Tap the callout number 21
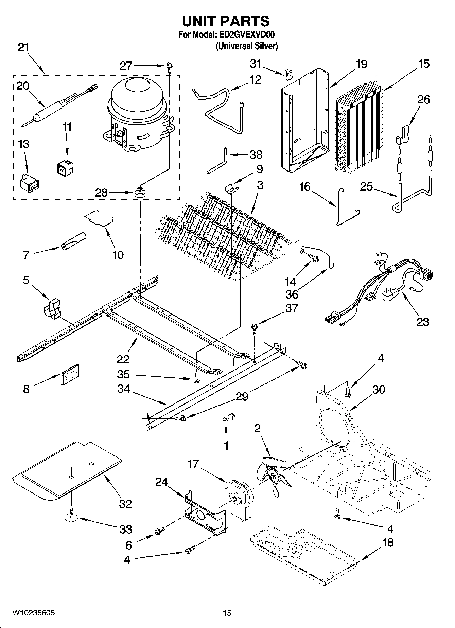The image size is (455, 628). [x=23, y=47]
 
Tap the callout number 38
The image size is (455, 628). [x=256, y=155]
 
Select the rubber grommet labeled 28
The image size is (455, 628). [x=139, y=193]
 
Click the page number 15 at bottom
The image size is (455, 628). [x=227, y=613]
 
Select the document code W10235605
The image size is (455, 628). [x=33, y=613]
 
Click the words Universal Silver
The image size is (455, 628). [x=247, y=46]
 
